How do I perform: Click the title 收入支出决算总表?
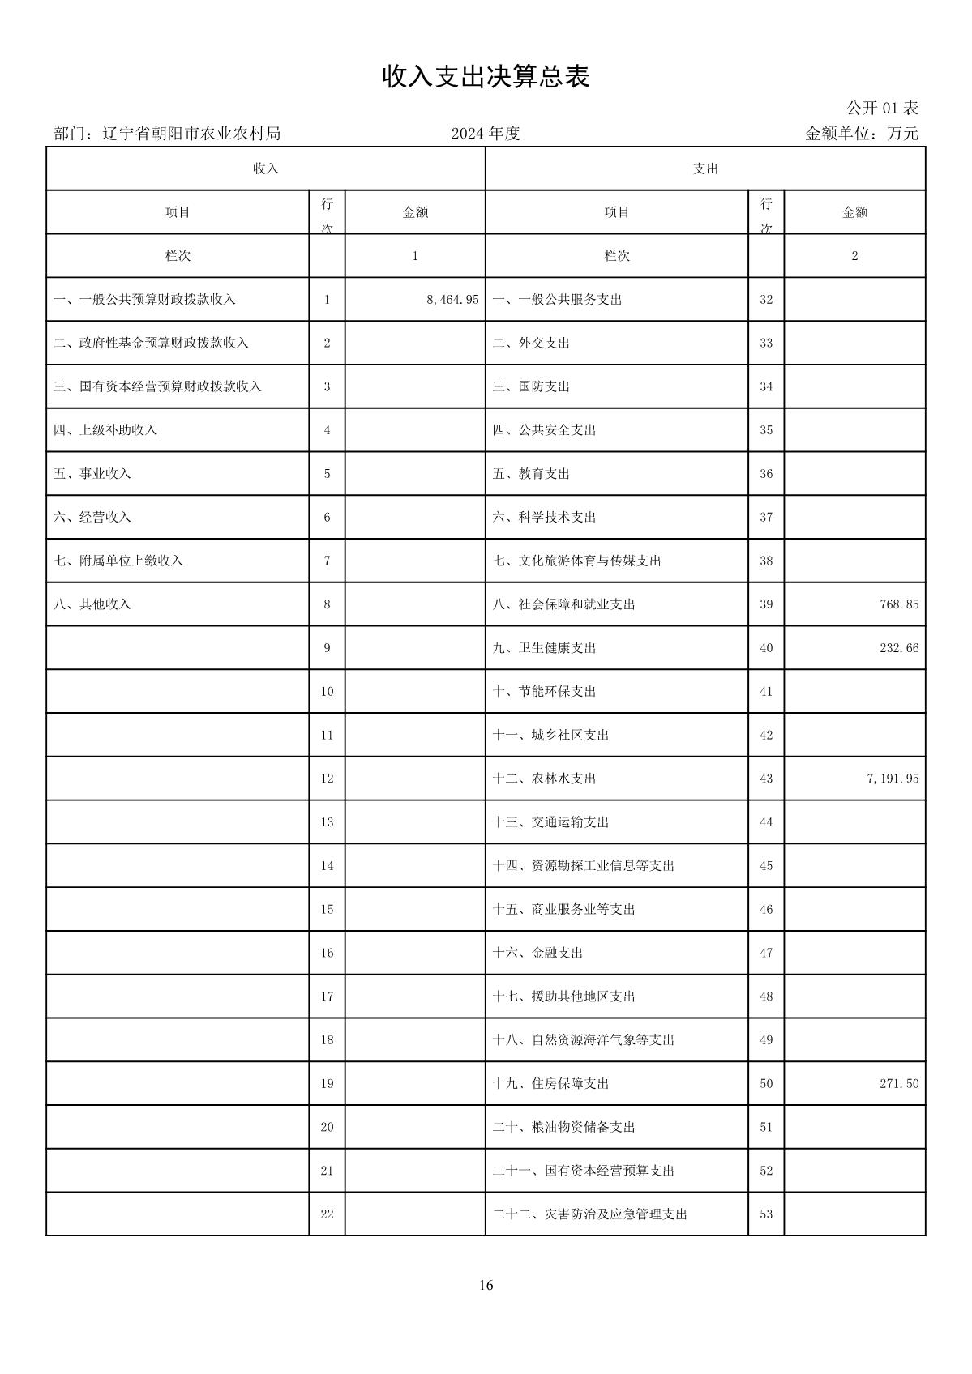coord(486,77)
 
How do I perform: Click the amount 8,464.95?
coord(452,300)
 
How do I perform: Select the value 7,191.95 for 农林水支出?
coord(893,779)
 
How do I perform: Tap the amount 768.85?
coord(899,604)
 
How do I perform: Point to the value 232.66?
coord(899,648)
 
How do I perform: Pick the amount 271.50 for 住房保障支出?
coord(899,1084)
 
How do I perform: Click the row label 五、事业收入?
coord(92,474)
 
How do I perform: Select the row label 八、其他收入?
coord(92,604)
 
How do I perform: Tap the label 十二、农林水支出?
coord(544,779)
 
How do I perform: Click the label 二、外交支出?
coord(531,343)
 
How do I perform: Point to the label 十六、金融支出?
coord(537,954)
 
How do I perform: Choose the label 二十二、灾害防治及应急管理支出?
coord(589,1214)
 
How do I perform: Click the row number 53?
coord(766,1214)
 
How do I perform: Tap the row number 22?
coord(327,1214)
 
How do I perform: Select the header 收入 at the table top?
coord(266,169)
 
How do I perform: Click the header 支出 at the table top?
coord(705,169)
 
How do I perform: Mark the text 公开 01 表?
coord(882,109)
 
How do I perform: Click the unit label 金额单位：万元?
coord(861,134)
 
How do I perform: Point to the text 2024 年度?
coord(486,134)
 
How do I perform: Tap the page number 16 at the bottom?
coord(486,1286)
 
